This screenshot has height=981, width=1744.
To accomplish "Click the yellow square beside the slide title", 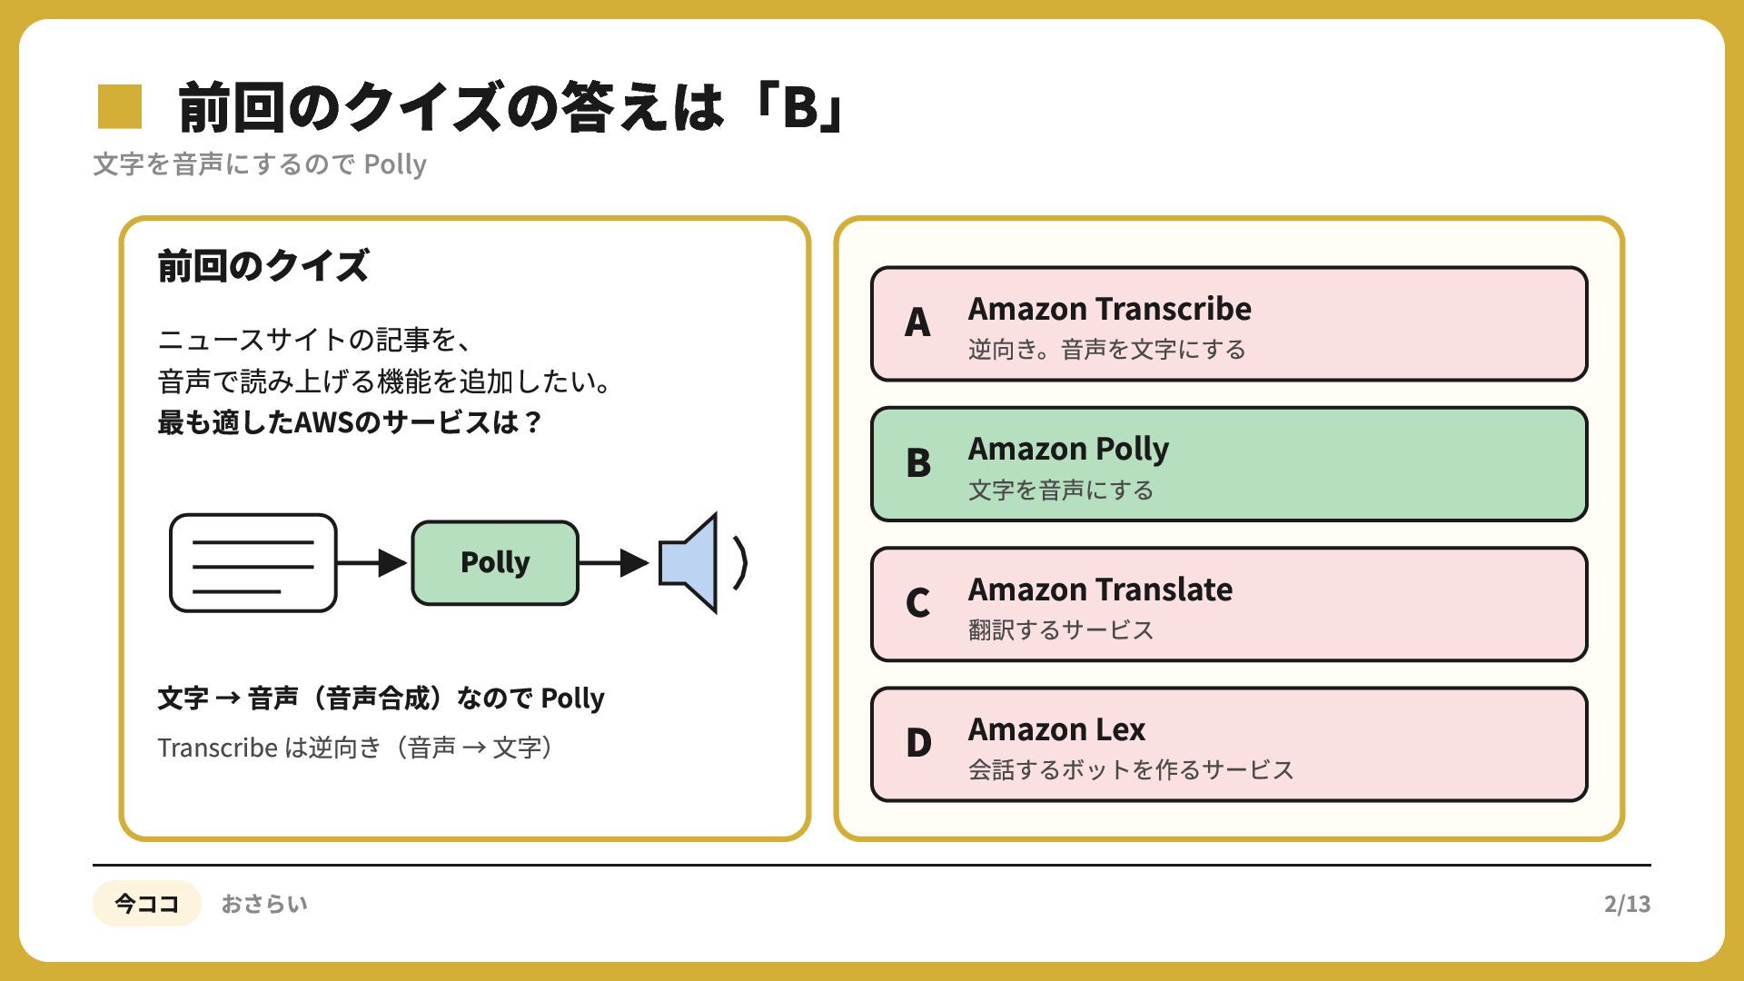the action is pos(120,106).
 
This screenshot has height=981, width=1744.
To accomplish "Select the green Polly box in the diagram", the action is pos(495,563).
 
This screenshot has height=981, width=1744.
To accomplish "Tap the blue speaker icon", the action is pos(689,563).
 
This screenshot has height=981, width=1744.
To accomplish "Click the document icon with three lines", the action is pos(253,563).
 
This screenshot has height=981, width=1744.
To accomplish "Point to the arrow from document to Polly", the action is pos(372,563).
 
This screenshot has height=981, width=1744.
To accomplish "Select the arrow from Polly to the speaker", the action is pos(614,563).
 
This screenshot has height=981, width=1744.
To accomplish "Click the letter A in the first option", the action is pos(917,322).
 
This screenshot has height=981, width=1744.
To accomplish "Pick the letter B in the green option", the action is pos(918,463).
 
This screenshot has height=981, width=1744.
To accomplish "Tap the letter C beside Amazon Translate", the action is pos(917,603).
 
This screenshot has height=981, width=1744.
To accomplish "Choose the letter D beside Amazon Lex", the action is pos(918,743).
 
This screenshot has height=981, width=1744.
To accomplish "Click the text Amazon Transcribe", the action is pos(1109,309).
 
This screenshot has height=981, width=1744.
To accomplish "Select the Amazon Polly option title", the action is pos(1068,450).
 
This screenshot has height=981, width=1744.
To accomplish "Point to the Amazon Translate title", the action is pos(1100,590).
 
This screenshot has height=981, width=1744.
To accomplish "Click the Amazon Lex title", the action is pos(1056,729).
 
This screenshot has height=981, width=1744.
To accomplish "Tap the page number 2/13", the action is pos(1627,904).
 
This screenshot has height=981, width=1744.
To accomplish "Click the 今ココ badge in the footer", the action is pos(146,904).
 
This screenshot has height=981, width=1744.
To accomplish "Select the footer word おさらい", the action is pos(264,904).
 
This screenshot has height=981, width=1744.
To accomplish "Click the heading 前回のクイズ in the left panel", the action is pos(263,266).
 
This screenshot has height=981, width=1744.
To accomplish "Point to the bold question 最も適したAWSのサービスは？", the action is pos(350,422).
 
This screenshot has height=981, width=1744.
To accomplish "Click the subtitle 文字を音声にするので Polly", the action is pos(260,164).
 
